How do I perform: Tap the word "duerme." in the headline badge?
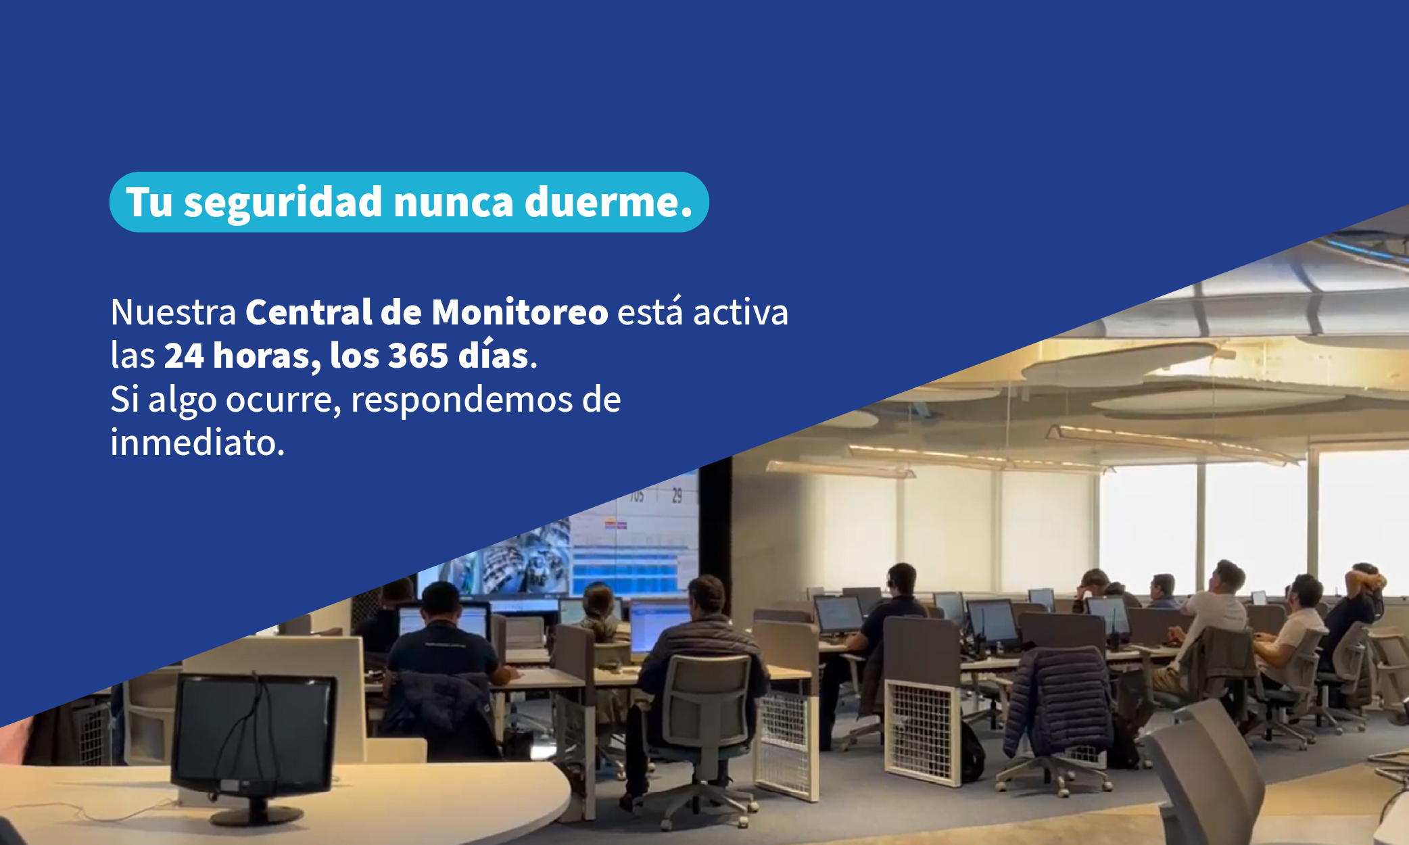[x=608, y=201]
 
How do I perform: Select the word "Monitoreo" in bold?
[x=520, y=312]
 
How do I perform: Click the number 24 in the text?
[x=184, y=356]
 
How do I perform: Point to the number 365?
[x=419, y=356]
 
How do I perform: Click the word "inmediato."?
[x=197, y=443]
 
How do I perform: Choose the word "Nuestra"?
[x=173, y=312]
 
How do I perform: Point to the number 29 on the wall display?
[x=677, y=496]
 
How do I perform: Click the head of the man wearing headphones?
[x=902, y=580]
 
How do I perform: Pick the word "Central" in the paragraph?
[x=309, y=312]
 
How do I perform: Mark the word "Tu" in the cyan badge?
[x=149, y=202]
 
